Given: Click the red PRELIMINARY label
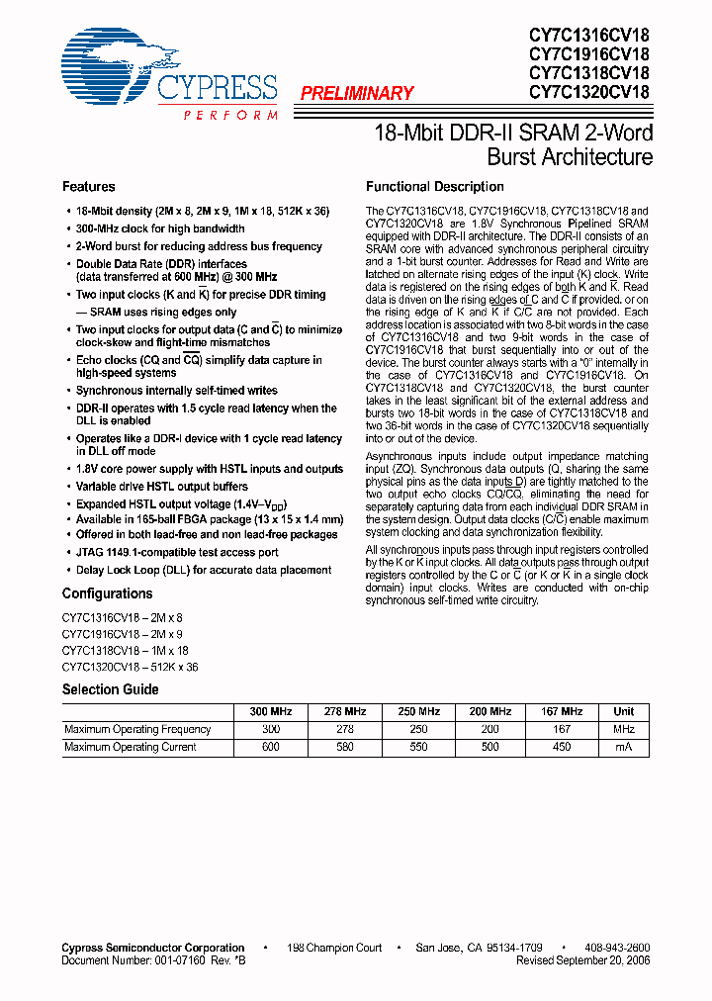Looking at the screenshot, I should [x=356, y=94].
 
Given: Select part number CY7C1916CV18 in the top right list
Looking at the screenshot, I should [x=588, y=54].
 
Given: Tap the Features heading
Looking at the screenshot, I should [x=88, y=187].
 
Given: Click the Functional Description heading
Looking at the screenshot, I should [x=434, y=187].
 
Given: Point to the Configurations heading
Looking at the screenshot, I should [x=107, y=593].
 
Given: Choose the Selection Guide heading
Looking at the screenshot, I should [x=111, y=689].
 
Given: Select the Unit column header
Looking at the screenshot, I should [x=623, y=712].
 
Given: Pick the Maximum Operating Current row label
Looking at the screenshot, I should [x=131, y=748].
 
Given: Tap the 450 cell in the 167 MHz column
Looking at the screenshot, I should [x=561, y=748].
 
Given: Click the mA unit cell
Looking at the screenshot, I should [x=623, y=748].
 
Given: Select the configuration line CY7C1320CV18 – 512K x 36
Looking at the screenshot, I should [x=130, y=668].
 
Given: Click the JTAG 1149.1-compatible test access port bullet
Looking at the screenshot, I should [x=177, y=552].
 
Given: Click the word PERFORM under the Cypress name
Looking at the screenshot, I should [x=229, y=116].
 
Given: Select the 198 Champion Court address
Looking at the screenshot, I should [x=334, y=948].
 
